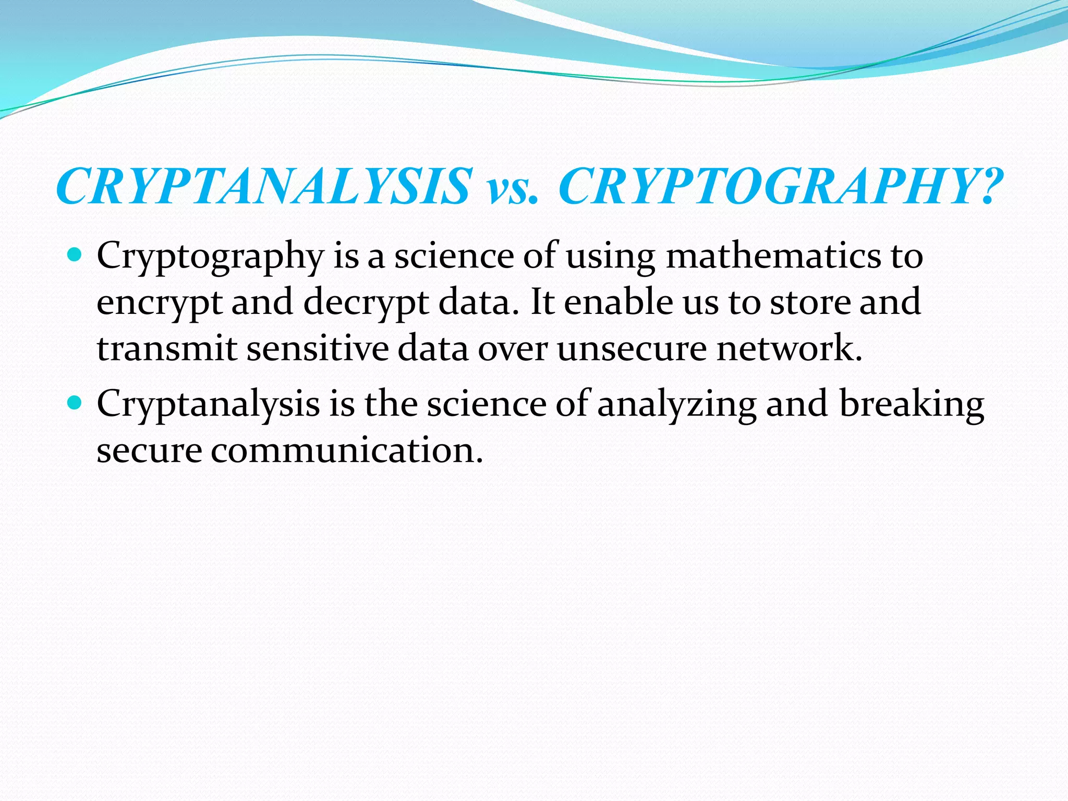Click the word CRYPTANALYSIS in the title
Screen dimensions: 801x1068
click(x=264, y=186)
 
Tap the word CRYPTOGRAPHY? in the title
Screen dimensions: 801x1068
click(x=780, y=186)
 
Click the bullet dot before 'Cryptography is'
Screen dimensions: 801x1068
click(x=76, y=256)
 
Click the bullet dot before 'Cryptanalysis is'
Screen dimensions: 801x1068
click(x=76, y=403)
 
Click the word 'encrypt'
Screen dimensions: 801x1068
click(x=160, y=303)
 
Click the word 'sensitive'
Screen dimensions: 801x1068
click(x=318, y=348)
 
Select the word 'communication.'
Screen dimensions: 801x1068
click(x=347, y=450)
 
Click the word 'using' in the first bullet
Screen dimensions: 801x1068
click(x=611, y=258)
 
